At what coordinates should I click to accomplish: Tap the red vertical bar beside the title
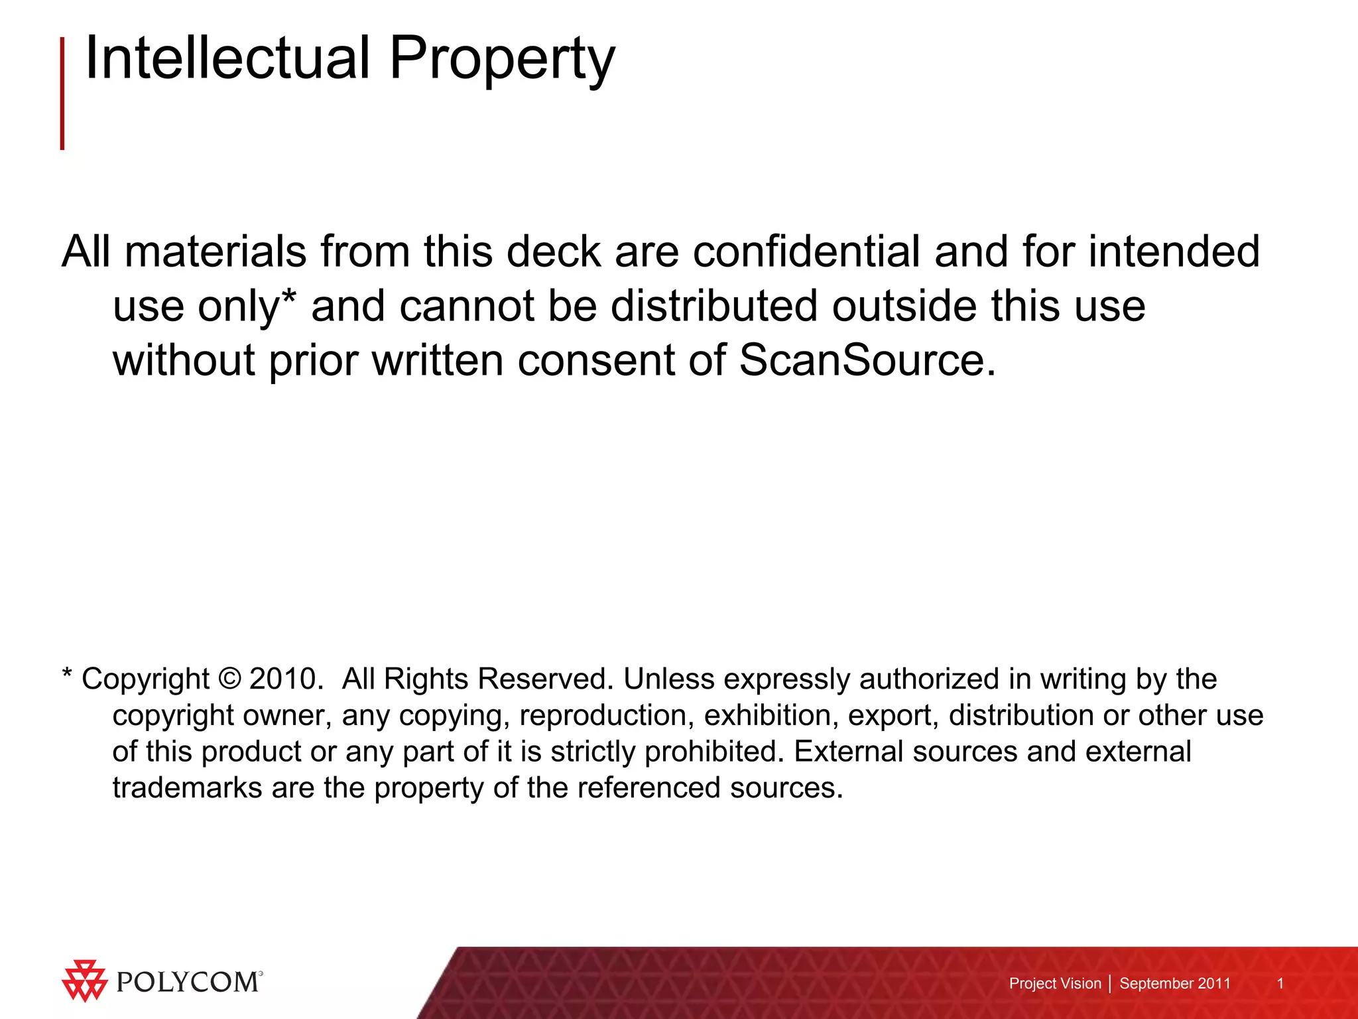pos(62,93)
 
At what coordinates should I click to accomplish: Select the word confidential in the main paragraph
pos(806,251)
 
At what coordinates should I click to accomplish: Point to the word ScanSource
pos(867,360)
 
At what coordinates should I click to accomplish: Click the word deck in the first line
pos(553,251)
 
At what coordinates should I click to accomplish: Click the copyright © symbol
pos(229,679)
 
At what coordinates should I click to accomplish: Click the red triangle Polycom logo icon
pos(84,980)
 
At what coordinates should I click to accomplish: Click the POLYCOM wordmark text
pos(188,982)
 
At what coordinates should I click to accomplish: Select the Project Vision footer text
pos(1054,983)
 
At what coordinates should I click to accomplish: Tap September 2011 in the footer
pos(1175,983)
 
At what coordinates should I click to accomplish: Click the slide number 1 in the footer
pos(1280,983)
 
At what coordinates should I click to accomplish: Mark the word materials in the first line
pos(216,251)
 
